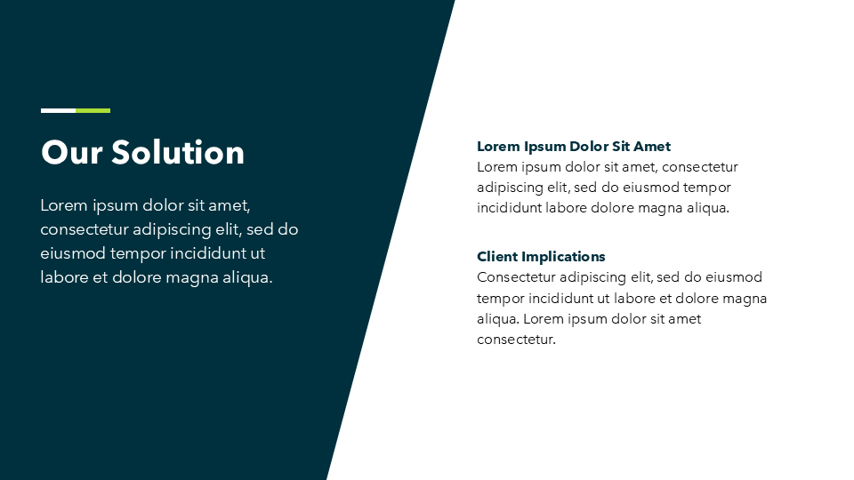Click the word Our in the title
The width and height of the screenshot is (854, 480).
(x=71, y=152)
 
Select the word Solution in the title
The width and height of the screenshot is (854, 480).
(x=178, y=152)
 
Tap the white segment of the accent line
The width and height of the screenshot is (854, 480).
(x=59, y=110)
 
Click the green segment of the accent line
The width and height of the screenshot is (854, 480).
(x=93, y=110)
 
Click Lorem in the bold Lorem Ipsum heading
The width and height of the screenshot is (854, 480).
(x=498, y=147)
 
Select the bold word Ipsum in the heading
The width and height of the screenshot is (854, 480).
(x=544, y=147)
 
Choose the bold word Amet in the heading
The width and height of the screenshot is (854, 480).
(x=652, y=147)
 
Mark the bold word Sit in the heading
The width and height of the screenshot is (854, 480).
(x=621, y=147)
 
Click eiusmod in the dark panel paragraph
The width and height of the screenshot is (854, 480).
(x=73, y=253)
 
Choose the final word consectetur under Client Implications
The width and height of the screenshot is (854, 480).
(x=516, y=340)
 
